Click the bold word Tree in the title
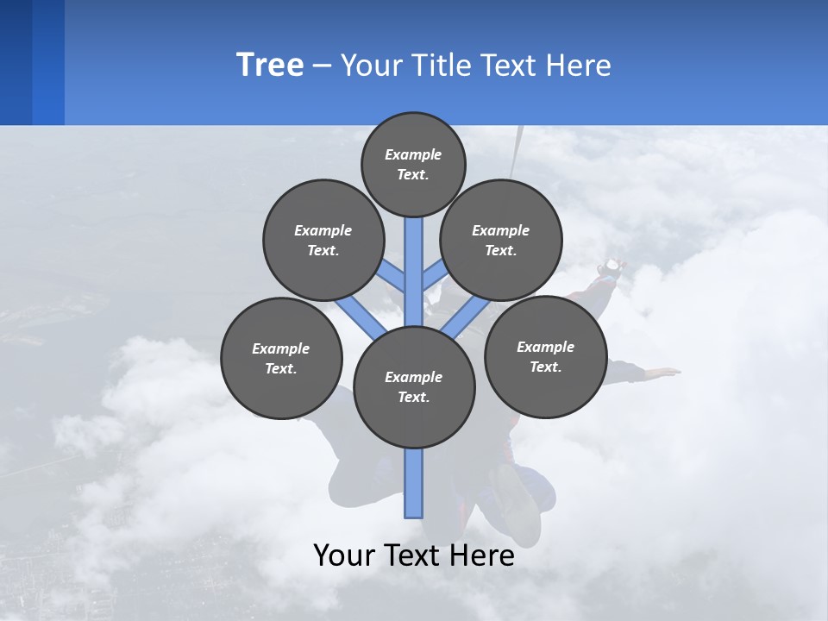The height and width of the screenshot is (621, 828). (x=270, y=66)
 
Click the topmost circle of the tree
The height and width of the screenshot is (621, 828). (x=413, y=164)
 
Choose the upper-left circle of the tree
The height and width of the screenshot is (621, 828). (x=323, y=240)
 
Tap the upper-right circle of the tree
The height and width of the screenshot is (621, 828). (x=501, y=240)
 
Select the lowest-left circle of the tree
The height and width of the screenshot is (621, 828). (x=281, y=358)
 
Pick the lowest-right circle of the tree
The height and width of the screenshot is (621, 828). (x=545, y=356)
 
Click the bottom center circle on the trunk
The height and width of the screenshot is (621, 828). (x=414, y=386)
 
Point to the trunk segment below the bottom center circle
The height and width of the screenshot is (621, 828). (x=414, y=483)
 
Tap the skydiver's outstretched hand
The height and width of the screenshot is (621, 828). (x=666, y=372)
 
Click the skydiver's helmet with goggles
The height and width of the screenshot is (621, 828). (x=612, y=267)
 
